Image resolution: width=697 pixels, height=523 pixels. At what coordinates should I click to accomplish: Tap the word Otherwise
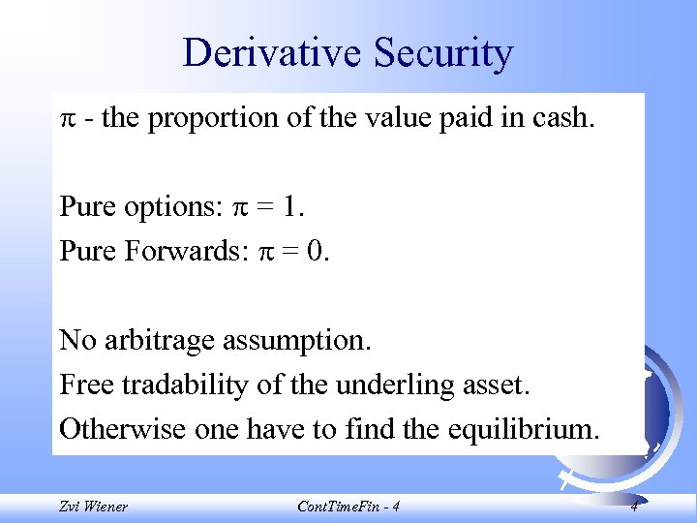pyautogui.click(x=117, y=428)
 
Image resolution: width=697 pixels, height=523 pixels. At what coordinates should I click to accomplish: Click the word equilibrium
pyautogui.click(x=517, y=428)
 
